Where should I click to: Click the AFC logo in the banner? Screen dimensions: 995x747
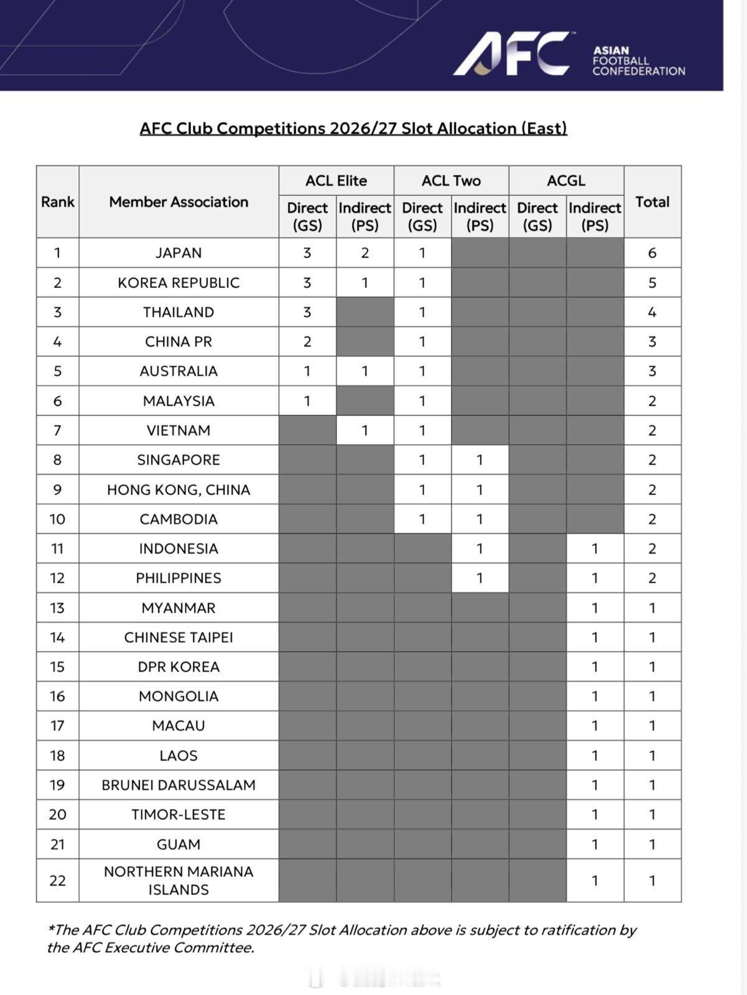[511, 55]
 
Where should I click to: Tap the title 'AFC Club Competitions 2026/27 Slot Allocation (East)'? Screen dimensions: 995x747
[353, 128]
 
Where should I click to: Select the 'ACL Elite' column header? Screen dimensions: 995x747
[336, 180]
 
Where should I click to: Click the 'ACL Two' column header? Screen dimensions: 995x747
[451, 180]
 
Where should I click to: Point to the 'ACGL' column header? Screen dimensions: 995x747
[566, 180]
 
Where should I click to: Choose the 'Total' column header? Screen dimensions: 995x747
[652, 201]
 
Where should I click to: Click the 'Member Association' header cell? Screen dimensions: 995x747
[179, 201]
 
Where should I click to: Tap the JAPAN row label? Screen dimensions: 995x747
[179, 252]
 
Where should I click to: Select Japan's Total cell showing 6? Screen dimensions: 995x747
[652, 252]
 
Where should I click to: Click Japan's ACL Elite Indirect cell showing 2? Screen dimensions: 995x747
[364, 252]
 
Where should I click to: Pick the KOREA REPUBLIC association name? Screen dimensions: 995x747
[179, 282]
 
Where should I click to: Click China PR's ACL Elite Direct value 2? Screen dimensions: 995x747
[307, 341]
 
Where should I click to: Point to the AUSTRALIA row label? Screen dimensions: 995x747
[179, 371]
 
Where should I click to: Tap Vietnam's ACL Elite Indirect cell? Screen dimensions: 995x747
[364, 430]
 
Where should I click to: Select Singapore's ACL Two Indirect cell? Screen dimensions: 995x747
[480, 460]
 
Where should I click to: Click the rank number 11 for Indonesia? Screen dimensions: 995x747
[57, 548]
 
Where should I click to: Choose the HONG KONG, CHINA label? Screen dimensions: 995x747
[179, 489]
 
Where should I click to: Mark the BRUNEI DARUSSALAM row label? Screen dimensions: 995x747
[179, 785]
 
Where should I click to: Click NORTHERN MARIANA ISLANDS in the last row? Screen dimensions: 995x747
[179, 880]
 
